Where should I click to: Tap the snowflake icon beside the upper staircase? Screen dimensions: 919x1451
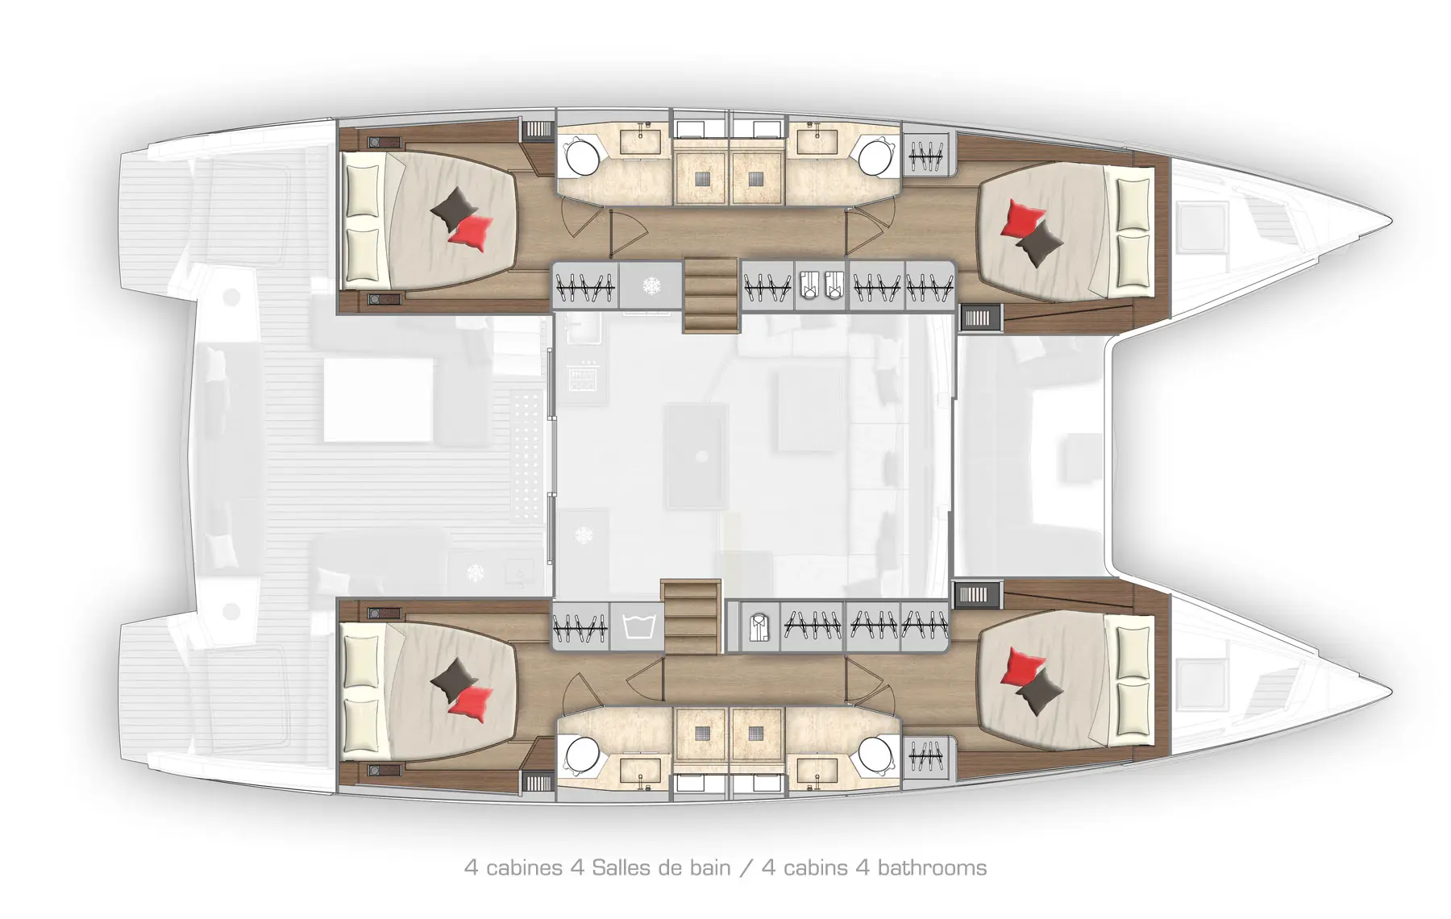tap(651, 285)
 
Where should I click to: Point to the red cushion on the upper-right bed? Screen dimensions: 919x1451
tap(1021, 218)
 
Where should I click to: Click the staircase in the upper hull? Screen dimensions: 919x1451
tap(711, 295)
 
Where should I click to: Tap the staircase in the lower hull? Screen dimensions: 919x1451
tap(691, 616)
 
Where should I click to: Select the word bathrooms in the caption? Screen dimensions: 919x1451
tap(932, 867)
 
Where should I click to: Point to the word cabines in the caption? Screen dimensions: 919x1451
tap(524, 867)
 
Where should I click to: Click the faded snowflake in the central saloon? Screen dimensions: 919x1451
tap(583, 534)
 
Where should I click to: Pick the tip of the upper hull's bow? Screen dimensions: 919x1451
tap(1391, 220)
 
